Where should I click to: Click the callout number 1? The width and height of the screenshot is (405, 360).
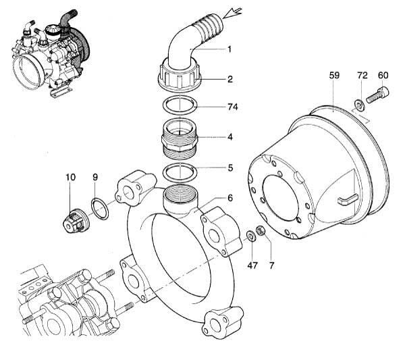pyautogui.click(x=230, y=49)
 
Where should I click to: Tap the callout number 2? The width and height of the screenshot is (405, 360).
pyautogui.click(x=230, y=79)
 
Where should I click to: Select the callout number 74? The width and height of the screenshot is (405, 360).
pyautogui.click(x=233, y=107)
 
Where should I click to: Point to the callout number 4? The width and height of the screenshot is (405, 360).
pyautogui.click(x=230, y=137)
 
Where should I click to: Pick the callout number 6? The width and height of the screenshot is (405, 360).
pyautogui.click(x=230, y=198)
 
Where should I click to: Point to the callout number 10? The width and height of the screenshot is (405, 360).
pyautogui.click(x=70, y=177)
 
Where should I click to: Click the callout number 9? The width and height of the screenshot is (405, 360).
pyautogui.click(x=95, y=177)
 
